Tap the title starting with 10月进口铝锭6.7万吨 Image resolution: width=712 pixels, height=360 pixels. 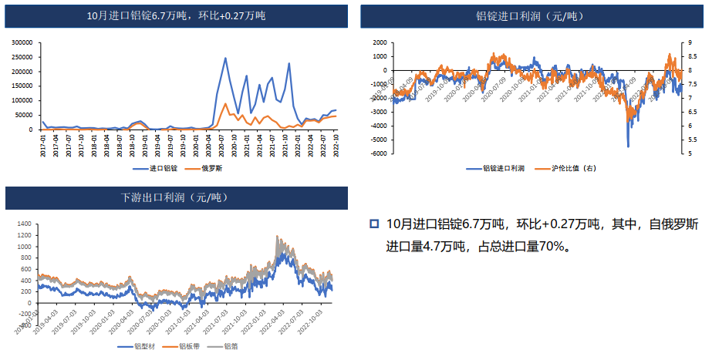176,15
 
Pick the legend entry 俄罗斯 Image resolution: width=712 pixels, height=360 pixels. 212,168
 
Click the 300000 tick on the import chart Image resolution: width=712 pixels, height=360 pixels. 22,42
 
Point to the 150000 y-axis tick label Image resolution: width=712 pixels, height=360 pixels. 22,86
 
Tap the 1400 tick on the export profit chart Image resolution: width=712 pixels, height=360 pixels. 26,224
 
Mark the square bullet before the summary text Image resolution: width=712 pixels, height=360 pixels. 374,224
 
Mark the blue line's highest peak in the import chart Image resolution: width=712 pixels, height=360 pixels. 225,58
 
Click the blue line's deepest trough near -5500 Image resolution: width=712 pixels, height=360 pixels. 628,146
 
